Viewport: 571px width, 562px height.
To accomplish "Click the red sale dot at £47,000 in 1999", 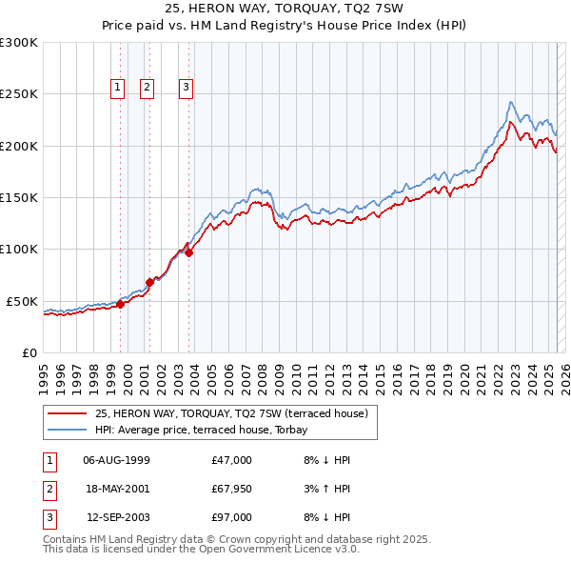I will click(x=121, y=304).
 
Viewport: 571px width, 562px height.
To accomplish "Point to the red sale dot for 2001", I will click(x=150, y=282).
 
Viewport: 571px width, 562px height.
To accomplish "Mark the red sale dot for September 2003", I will click(x=189, y=252).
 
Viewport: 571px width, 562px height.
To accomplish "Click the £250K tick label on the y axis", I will click(x=19, y=94).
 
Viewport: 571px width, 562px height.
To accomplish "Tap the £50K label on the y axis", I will click(x=23, y=301).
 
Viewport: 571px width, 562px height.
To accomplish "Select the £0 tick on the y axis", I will click(x=30, y=352).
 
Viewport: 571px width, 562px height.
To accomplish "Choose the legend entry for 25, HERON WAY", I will click(x=233, y=412).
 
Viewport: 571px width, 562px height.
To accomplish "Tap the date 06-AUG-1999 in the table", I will click(x=116, y=460).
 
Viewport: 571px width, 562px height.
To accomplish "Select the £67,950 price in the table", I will click(x=232, y=489).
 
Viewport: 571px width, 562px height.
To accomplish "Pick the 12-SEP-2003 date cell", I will click(x=116, y=517).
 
